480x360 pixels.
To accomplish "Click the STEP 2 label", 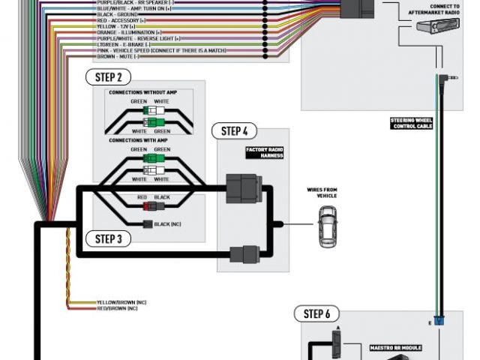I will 109,77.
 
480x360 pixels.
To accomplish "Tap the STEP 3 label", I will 109,238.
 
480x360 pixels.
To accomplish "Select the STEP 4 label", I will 234,131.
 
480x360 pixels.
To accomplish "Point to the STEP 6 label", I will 316,313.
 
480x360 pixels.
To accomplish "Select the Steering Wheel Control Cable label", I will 412,123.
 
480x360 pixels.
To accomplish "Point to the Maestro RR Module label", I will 396,348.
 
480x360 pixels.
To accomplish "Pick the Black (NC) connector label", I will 166,224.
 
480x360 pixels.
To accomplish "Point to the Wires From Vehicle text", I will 322,193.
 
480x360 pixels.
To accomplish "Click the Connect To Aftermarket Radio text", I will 434,8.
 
